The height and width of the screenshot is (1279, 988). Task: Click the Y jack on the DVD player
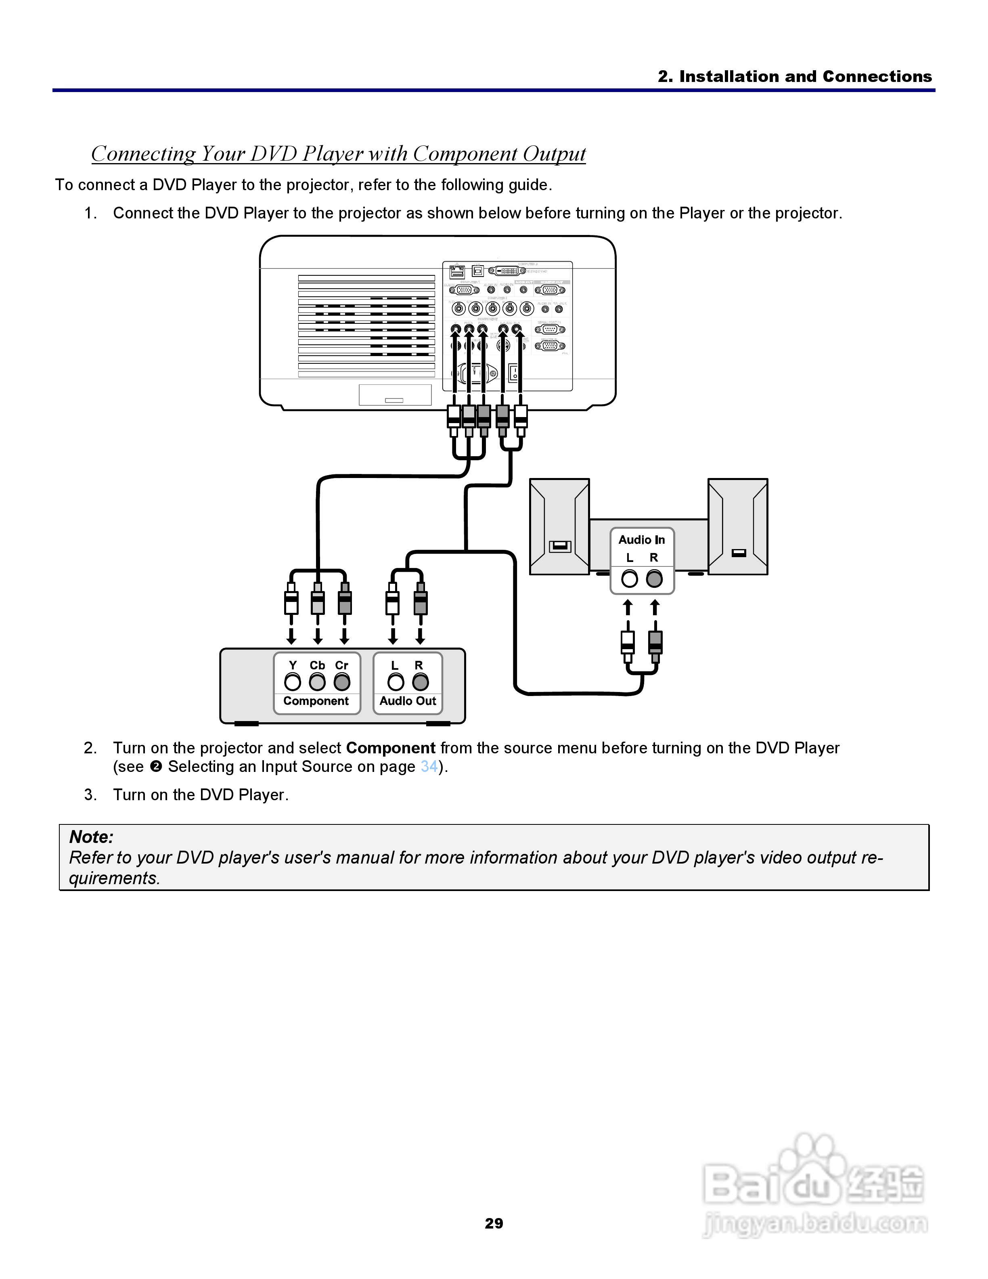293,681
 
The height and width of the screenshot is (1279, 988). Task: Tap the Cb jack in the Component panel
317,681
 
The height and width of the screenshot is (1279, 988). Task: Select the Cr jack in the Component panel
342,681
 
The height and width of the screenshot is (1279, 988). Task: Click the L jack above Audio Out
396,681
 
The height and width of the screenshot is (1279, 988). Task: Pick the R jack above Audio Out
420,681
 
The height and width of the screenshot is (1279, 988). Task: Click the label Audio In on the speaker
641,540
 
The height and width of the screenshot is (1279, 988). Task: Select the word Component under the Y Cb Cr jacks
316,701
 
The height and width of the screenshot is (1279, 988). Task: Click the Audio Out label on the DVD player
408,701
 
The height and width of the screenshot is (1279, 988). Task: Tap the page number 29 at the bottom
494,1223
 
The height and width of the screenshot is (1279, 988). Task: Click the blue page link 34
429,767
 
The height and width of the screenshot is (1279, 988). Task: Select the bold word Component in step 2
390,748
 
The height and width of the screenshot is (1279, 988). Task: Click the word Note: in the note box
91,837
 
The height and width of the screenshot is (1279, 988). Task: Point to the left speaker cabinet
559,526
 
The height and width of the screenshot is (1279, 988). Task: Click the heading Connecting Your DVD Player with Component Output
338,153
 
